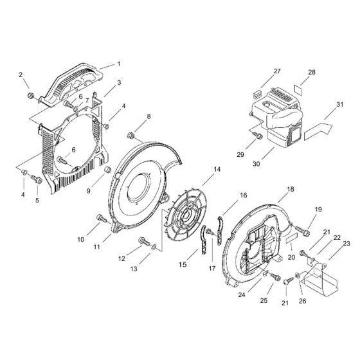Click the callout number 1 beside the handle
click(x=118, y=64)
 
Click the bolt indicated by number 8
click(x=131, y=135)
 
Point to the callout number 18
click(x=291, y=190)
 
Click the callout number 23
click(x=346, y=244)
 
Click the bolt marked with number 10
click(x=102, y=220)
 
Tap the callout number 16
click(x=244, y=195)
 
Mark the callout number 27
click(x=277, y=71)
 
